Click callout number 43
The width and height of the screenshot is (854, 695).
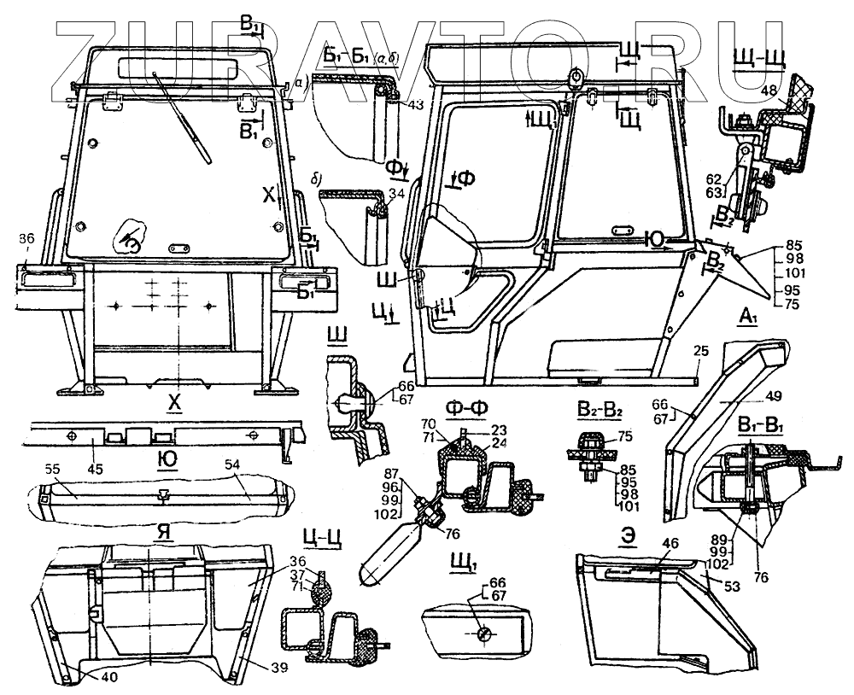coord(415,104)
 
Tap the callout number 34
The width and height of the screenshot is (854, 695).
coord(395,195)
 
